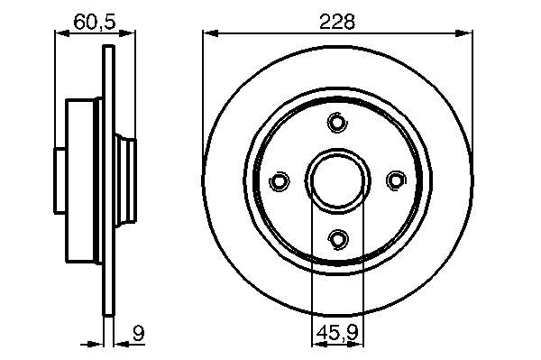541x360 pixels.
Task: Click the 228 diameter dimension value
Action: (337, 22)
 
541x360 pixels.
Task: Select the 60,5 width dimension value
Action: (94, 22)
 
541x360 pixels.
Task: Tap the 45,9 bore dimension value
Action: (338, 332)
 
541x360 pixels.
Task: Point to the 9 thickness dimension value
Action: (138, 333)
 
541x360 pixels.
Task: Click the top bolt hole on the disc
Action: (337, 122)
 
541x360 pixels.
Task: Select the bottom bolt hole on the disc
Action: (338, 239)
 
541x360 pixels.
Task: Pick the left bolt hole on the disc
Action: (279, 180)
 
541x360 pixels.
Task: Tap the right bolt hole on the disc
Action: (396, 180)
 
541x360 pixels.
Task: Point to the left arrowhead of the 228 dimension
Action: (210, 33)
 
